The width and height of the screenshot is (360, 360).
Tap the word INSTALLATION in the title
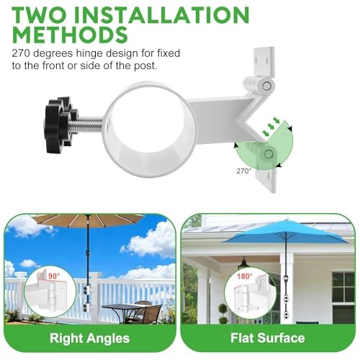pos(165,14)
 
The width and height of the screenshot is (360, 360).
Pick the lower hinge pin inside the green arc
pos(268,153)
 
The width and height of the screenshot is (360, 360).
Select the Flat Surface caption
pos(269,338)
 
